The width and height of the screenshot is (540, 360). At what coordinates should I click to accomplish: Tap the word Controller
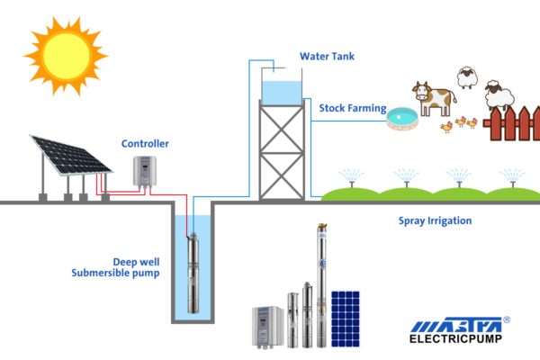tap(145, 143)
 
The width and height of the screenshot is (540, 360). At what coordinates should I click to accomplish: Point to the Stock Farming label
tap(352, 109)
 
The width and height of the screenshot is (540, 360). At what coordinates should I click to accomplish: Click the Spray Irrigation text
tap(435, 220)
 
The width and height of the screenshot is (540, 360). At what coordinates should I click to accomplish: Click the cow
tap(432, 97)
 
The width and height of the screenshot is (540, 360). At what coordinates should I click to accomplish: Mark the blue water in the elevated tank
tap(280, 91)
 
